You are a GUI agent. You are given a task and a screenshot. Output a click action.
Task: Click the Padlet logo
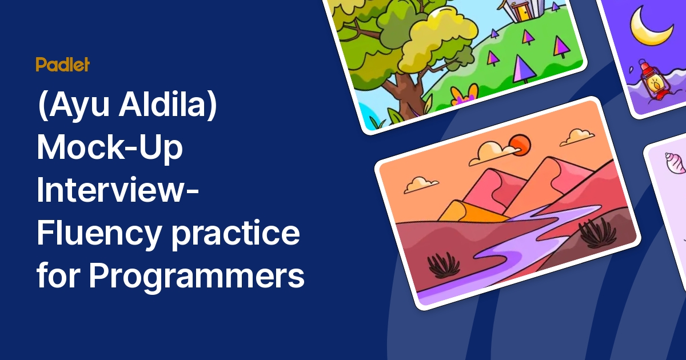pos(63,64)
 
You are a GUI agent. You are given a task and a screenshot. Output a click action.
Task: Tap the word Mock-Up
pos(110,147)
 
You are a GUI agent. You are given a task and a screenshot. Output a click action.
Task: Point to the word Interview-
pos(118,190)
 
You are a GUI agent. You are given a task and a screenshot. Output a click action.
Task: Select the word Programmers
pos(197,276)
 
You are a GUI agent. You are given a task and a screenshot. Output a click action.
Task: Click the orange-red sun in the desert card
pos(520,145)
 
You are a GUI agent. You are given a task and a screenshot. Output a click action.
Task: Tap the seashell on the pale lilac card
pos(675,162)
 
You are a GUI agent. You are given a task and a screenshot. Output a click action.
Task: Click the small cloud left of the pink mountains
pos(421,185)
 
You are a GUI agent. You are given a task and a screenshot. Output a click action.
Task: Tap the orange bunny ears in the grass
pos(465,93)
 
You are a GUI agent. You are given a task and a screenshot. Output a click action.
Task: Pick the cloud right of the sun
pos(577,137)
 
